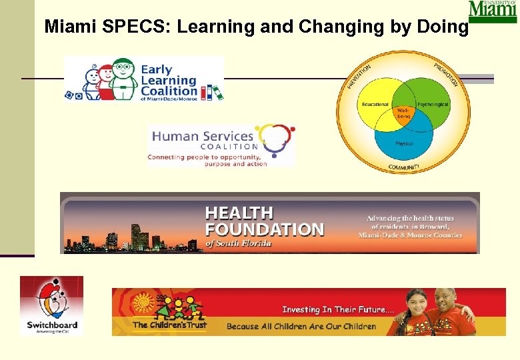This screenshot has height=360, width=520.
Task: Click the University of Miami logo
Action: pos(492,11)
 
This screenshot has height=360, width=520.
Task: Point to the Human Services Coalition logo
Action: pos(221,145)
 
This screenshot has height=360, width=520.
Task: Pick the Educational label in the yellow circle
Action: pos(375,105)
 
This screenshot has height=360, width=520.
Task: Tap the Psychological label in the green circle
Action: pos(433,105)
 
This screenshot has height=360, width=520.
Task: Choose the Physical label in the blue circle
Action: pos(404,143)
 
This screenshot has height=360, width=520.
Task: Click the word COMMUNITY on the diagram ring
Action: pos(404,166)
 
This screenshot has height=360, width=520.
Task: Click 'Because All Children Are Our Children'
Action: pos(301,327)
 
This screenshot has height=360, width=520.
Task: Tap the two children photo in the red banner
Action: pos(437,312)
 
